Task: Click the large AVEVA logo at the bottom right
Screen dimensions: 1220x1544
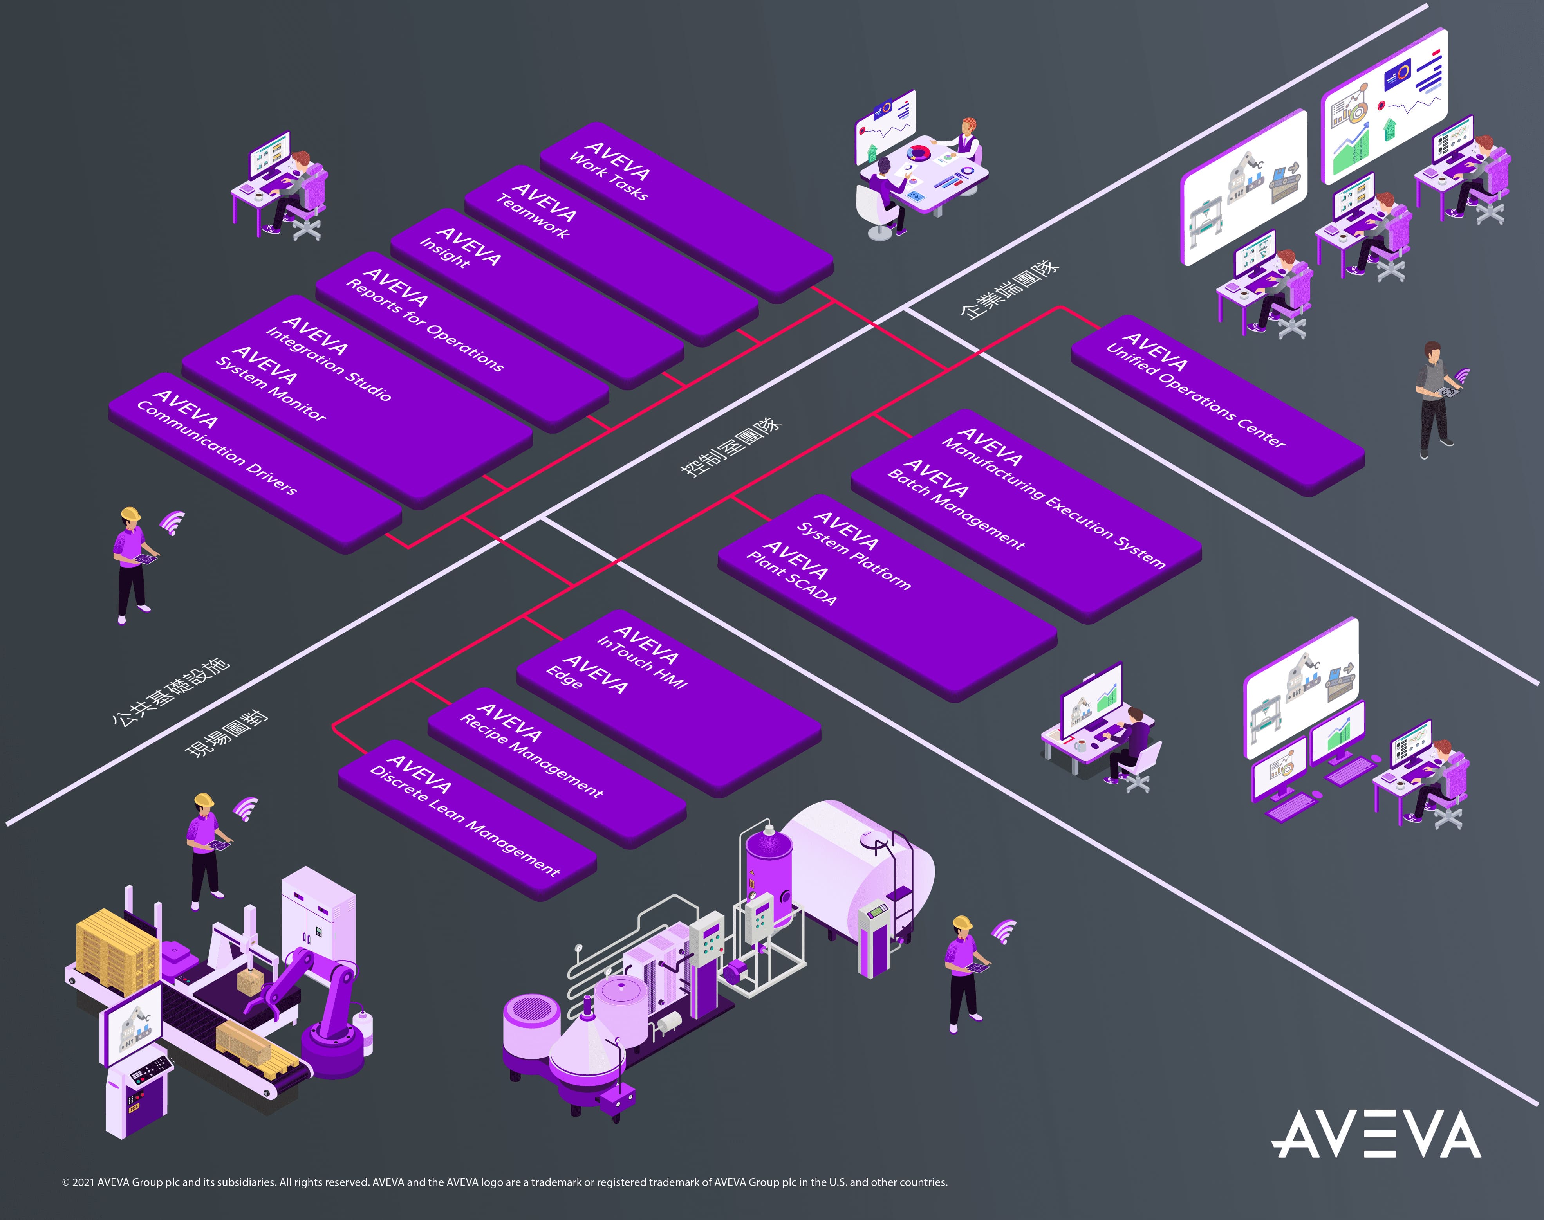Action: click(1375, 1134)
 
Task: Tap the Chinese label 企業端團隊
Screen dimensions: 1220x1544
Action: click(1009, 290)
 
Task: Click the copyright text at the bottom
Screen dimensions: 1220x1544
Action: click(504, 1182)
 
